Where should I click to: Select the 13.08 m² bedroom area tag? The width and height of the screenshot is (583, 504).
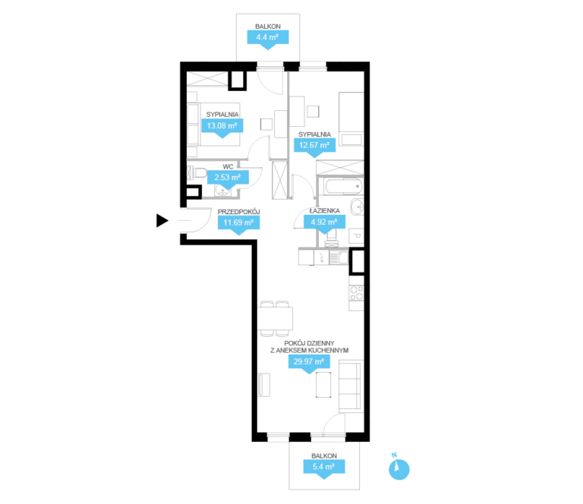pyautogui.click(x=222, y=126)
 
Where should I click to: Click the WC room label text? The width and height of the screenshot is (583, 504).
pyautogui.click(x=228, y=166)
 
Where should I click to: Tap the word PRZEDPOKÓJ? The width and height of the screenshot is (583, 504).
pyautogui.click(x=238, y=212)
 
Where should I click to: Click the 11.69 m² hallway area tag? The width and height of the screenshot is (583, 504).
pyautogui.click(x=238, y=223)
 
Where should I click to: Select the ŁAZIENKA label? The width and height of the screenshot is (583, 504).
pyautogui.click(x=325, y=211)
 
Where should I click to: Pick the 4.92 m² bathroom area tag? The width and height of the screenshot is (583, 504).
pyautogui.click(x=324, y=222)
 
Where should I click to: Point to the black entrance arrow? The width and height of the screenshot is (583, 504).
pyautogui.click(x=162, y=220)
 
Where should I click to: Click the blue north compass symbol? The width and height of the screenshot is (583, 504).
pyautogui.click(x=399, y=469)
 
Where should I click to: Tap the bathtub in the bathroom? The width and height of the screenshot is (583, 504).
pyautogui.click(x=343, y=186)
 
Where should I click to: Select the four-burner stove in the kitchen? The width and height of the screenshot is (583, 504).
pyautogui.click(x=357, y=293)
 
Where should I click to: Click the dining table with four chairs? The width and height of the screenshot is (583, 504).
pyautogui.click(x=275, y=319)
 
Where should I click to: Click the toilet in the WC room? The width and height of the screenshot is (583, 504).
pyautogui.click(x=197, y=173)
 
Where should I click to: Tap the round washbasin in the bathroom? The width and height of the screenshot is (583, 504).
pyautogui.click(x=358, y=206)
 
